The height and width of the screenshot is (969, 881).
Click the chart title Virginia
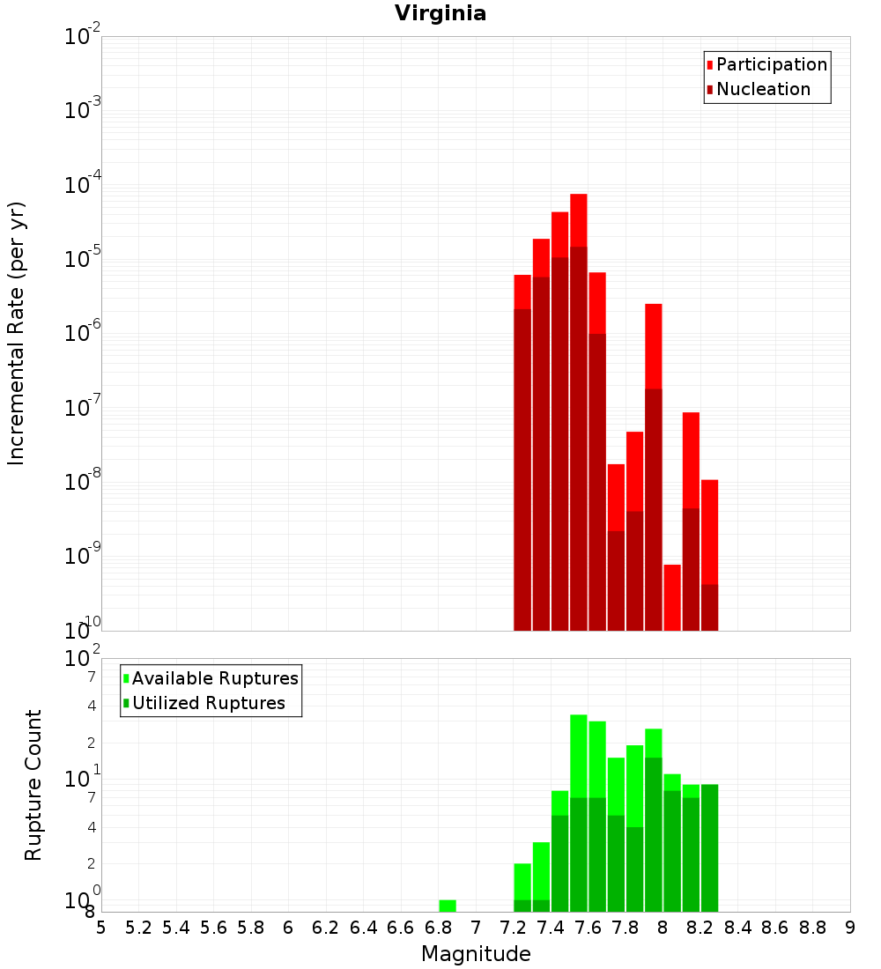point(440,13)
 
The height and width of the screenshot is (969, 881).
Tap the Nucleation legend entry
point(763,89)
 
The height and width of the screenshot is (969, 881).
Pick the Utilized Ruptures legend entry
point(208,703)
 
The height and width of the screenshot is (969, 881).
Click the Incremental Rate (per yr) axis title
point(17,333)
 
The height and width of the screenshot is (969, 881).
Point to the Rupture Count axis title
point(33,785)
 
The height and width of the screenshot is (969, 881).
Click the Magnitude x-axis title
point(476,954)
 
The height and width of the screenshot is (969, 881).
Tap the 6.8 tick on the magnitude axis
point(438,928)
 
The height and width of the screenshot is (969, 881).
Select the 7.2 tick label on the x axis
point(513,928)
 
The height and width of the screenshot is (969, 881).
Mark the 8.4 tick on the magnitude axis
point(737,928)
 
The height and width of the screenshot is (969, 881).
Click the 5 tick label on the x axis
point(101,928)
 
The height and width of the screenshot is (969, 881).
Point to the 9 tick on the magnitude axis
point(850,928)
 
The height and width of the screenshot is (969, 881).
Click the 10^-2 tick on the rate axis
point(83,37)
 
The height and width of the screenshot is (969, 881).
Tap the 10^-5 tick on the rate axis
point(83,260)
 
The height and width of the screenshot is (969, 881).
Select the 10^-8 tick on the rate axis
point(83,483)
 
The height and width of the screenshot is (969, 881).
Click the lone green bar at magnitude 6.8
point(448,906)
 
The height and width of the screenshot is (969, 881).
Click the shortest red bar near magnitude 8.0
point(672,597)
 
